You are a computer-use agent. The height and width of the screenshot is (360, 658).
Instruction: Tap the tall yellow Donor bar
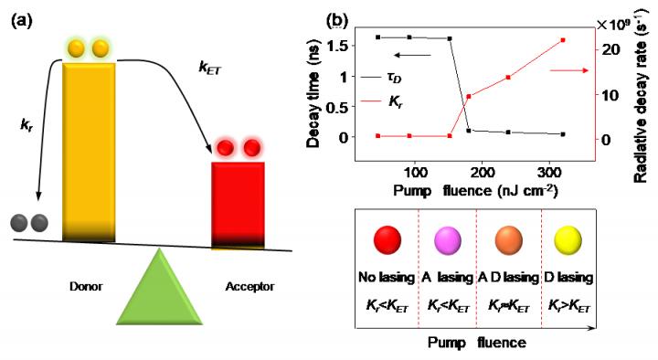pos(89,152)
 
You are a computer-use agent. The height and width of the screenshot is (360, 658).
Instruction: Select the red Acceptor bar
pos(238,206)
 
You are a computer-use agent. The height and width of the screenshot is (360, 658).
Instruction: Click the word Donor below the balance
pos(86,287)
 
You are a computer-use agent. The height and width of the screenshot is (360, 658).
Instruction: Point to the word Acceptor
pos(249,287)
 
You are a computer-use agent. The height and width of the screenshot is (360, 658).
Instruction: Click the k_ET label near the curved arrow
pos(209,68)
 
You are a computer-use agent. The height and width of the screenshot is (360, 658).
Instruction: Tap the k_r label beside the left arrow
pos(26,125)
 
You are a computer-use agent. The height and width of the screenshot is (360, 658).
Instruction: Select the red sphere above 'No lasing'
pos(387,240)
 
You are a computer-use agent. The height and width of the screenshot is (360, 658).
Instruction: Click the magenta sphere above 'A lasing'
pos(447,241)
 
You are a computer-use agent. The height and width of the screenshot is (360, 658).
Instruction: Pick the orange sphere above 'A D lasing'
pos(509,240)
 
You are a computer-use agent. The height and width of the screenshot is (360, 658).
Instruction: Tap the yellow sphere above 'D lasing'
pos(568,241)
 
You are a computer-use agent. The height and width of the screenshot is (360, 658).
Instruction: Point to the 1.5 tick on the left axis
pos(338,46)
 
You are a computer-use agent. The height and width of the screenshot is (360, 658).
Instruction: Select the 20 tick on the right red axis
pos(610,49)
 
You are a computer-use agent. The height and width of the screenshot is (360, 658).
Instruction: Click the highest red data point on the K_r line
pos(563,40)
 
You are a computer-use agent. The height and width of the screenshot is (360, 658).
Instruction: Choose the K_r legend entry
pos(382,101)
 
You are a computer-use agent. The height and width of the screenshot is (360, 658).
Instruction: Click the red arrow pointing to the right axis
pos(568,70)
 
